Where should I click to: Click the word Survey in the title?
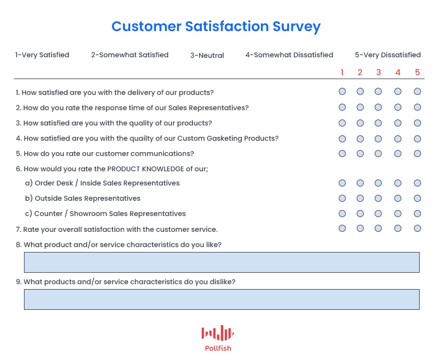click(296, 27)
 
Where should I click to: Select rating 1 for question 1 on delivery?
click(342, 92)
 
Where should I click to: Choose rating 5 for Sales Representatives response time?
click(417, 107)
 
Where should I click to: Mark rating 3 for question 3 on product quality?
click(378, 123)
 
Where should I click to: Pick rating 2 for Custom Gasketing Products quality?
click(360, 139)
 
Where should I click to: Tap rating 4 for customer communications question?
click(398, 154)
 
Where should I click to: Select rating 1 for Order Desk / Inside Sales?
click(342, 183)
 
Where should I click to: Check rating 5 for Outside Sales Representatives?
click(417, 199)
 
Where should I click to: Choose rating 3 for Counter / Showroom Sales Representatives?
click(378, 214)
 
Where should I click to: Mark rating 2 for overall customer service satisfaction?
click(360, 229)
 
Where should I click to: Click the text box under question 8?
click(222, 262)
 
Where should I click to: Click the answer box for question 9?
click(222, 299)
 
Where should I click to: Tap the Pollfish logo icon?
click(217, 333)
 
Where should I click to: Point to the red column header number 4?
click(398, 73)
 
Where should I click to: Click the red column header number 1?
click(342, 73)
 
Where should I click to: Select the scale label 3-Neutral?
click(207, 55)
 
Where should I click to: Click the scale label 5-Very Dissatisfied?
click(387, 55)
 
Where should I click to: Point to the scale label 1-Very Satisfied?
click(42, 55)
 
